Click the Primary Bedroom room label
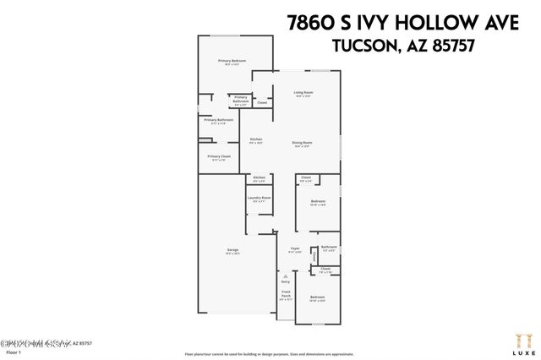click(x=232, y=61)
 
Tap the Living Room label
click(x=303, y=92)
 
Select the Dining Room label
click(x=302, y=143)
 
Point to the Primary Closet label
click(x=219, y=156)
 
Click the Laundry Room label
click(x=259, y=199)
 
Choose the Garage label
click(x=232, y=250)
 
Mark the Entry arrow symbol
click(x=286, y=276)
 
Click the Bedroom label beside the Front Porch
click(x=317, y=297)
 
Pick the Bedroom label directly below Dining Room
click(x=317, y=201)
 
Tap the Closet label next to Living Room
click(x=262, y=102)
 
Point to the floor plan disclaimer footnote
click(x=270, y=354)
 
